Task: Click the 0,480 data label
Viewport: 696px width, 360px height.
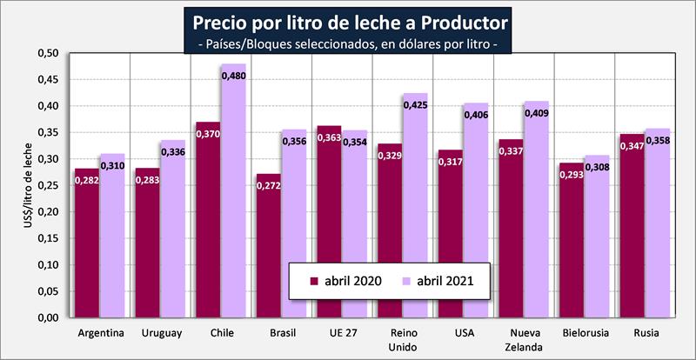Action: (234, 77)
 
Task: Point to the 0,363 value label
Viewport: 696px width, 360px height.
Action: (329, 137)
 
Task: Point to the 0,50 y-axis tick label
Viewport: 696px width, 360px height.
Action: (47, 53)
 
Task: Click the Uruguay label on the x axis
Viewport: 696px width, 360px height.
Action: (161, 333)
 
